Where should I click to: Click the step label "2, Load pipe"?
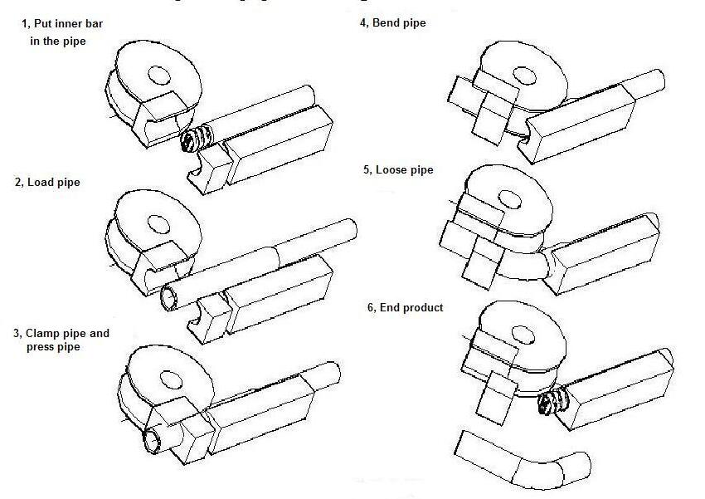(47, 182)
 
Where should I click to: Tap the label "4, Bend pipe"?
(392, 23)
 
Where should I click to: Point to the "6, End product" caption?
(405, 307)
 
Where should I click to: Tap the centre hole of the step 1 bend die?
(158, 74)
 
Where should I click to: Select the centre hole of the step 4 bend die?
(524, 76)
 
